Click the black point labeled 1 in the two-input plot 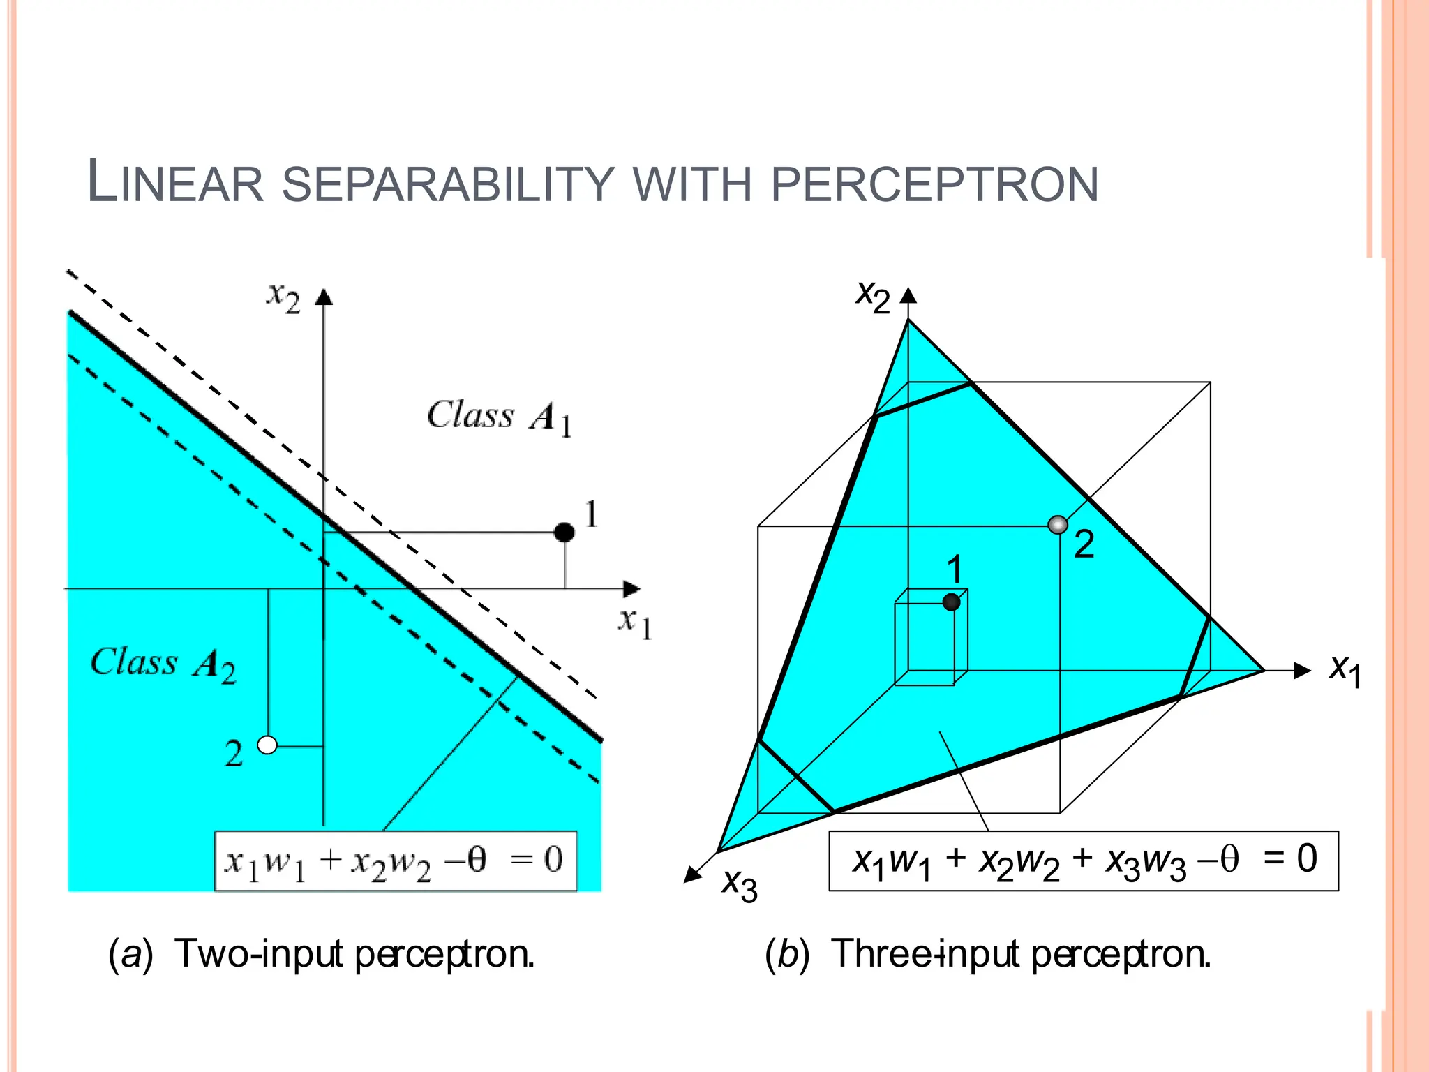click(564, 533)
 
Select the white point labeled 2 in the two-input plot click(267, 745)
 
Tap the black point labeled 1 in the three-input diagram click(951, 602)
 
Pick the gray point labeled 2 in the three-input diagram click(1058, 525)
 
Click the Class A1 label click(500, 417)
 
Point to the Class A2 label click(163, 664)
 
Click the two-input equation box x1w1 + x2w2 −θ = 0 click(396, 861)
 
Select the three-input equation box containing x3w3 click(1083, 861)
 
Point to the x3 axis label click(740, 885)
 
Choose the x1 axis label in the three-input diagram click(1345, 671)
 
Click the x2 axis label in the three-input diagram click(873, 297)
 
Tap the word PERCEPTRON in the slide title click(934, 185)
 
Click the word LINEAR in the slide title click(175, 183)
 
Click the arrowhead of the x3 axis click(693, 874)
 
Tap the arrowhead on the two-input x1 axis click(632, 589)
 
